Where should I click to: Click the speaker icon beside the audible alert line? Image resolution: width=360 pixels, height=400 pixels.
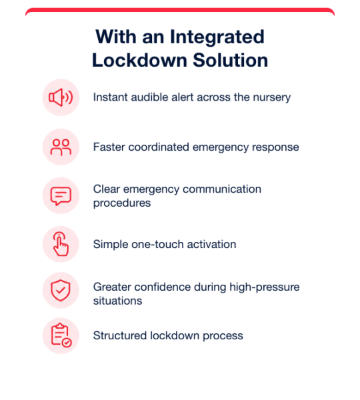tap(61, 97)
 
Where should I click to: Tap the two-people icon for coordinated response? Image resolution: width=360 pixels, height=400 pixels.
tap(61, 147)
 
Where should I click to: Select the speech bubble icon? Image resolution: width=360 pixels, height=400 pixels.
tap(61, 196)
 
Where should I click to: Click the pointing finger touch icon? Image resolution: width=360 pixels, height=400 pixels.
tap(61, 244)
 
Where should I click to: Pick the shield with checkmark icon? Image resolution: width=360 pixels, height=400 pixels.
tap(61, 290)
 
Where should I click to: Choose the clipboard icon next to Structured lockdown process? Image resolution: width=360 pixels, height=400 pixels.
tap(61, 335)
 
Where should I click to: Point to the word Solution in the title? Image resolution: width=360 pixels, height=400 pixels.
tap(231, 61)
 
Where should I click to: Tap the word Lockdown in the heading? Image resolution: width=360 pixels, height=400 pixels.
tap(140, 61)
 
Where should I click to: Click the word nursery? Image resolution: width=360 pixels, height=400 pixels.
tap(272, 98)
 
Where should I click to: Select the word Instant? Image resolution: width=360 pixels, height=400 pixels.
tap(111, 97)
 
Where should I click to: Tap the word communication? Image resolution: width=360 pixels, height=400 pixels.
tap(222, 189)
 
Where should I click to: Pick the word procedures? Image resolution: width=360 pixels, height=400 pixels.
tap(122, 203)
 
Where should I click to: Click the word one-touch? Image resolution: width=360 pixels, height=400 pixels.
tap(157, 245)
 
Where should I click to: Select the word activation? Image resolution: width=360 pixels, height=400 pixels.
tap(211, 245)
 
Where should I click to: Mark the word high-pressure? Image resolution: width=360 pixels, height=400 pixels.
tap(265, 287)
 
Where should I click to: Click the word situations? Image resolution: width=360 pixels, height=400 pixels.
tap(117, 301)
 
